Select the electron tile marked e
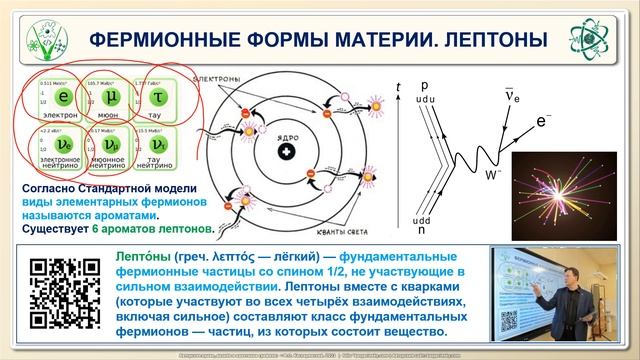click(x=63, y=99)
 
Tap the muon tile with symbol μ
click(x=111, y=99)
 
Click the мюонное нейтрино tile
click(x=111, y=147)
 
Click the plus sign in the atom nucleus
click(x=287, y=152)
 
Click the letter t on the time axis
click(x=400, y=87)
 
